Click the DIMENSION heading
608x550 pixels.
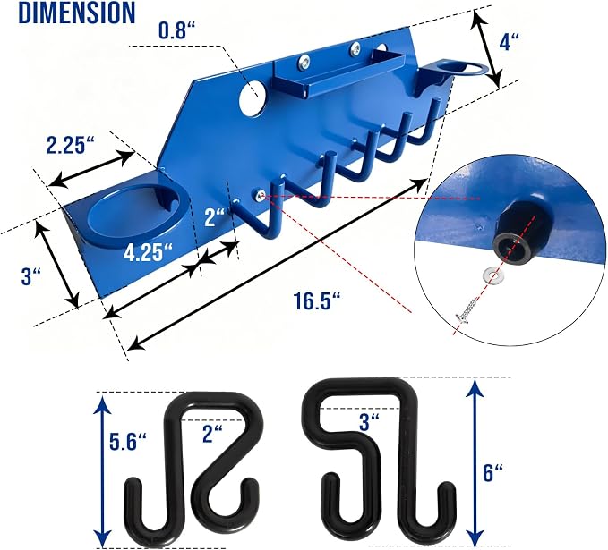coord(77,13)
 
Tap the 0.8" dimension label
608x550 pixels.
coord(176,30)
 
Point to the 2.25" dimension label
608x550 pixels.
coord(70,145)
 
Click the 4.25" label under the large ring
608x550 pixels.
coord(148,252)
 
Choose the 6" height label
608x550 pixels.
coord(492,472)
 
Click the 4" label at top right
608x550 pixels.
coord(509,41)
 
